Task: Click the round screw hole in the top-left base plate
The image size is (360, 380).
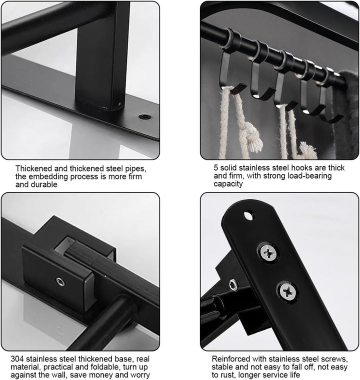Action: click(x=144, y=117)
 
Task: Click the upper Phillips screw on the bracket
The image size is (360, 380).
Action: click(x=268, y=253)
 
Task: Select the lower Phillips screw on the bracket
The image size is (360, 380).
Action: click(x=287, y=291)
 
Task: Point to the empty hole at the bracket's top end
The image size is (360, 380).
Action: click(x=249, y=215)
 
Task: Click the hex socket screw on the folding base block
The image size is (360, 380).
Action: click(x=60, y=281)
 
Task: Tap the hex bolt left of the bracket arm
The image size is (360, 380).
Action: click(x=233, y=284)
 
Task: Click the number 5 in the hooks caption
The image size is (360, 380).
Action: click(x=216, y=167)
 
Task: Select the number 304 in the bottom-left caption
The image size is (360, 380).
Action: click(x=17, y=358)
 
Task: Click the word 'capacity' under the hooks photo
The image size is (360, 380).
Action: click(x=228, y=184)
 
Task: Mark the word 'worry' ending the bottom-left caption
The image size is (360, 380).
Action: click(x=140, y=375)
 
